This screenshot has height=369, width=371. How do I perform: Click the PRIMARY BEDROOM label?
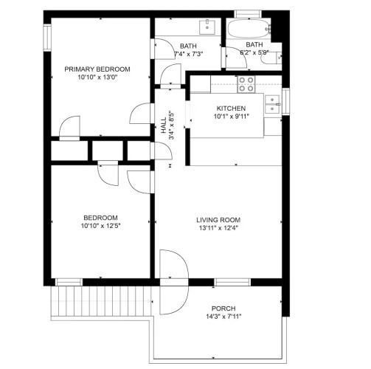(x=97, y=69)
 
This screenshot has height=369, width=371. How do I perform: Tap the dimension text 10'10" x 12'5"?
(x=100, y=226)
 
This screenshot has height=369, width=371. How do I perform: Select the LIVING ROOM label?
(x=218, y=220)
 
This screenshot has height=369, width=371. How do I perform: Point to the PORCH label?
(x=223, y=308)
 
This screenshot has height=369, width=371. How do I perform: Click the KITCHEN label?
(x=231, y=108)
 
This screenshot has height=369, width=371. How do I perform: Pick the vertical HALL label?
(x=164, y=125)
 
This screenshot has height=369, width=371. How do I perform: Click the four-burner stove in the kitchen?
(x=246, y=84)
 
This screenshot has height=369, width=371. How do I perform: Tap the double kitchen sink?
(x=272, y=104)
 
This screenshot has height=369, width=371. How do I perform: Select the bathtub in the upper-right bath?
(x=249, y=29)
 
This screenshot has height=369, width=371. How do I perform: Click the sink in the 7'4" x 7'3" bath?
(x=207, y=27)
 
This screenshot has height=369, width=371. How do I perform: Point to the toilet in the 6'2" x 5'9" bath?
(x=271, y=58)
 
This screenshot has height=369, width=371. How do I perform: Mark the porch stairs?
(x=101, y=301)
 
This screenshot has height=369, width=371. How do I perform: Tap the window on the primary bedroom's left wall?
(x=47, y=38)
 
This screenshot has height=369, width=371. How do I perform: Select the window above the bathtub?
(x=247, y=14)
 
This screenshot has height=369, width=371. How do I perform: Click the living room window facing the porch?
(x=232, y=282)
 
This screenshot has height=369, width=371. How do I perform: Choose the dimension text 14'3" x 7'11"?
(x=223, y=317)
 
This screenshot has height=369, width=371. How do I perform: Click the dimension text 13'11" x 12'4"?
(x=218, y=228)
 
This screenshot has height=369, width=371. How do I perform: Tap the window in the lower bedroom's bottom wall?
(x=69, y=282)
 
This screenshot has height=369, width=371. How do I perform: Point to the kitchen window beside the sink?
(x=285, y=101)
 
